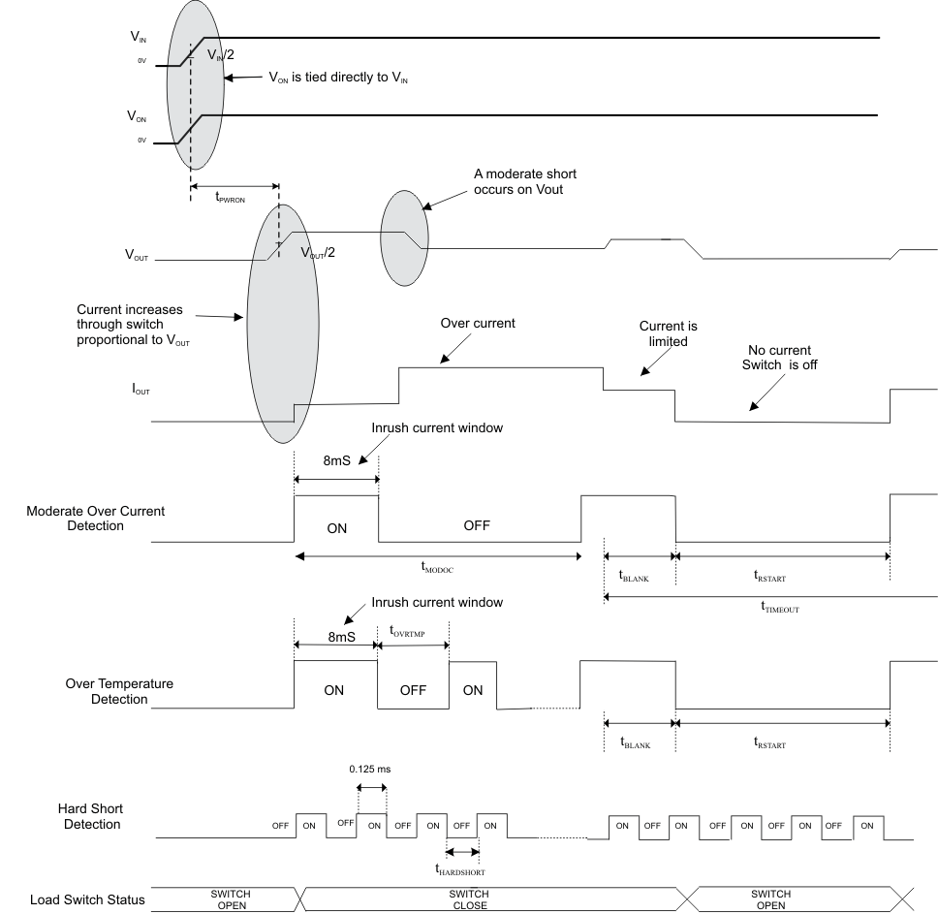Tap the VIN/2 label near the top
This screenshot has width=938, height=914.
(221, 55)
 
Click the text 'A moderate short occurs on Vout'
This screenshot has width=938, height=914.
(525, 181)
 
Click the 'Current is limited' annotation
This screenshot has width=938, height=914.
(669, 333)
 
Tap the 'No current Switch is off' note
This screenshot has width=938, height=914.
(780, 357)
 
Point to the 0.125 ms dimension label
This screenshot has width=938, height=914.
(371, 769)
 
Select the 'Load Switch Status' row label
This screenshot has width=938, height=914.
(87, 899)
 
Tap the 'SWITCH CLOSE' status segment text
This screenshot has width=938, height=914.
(469, 899)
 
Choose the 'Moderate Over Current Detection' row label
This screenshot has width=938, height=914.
(88, 519)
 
